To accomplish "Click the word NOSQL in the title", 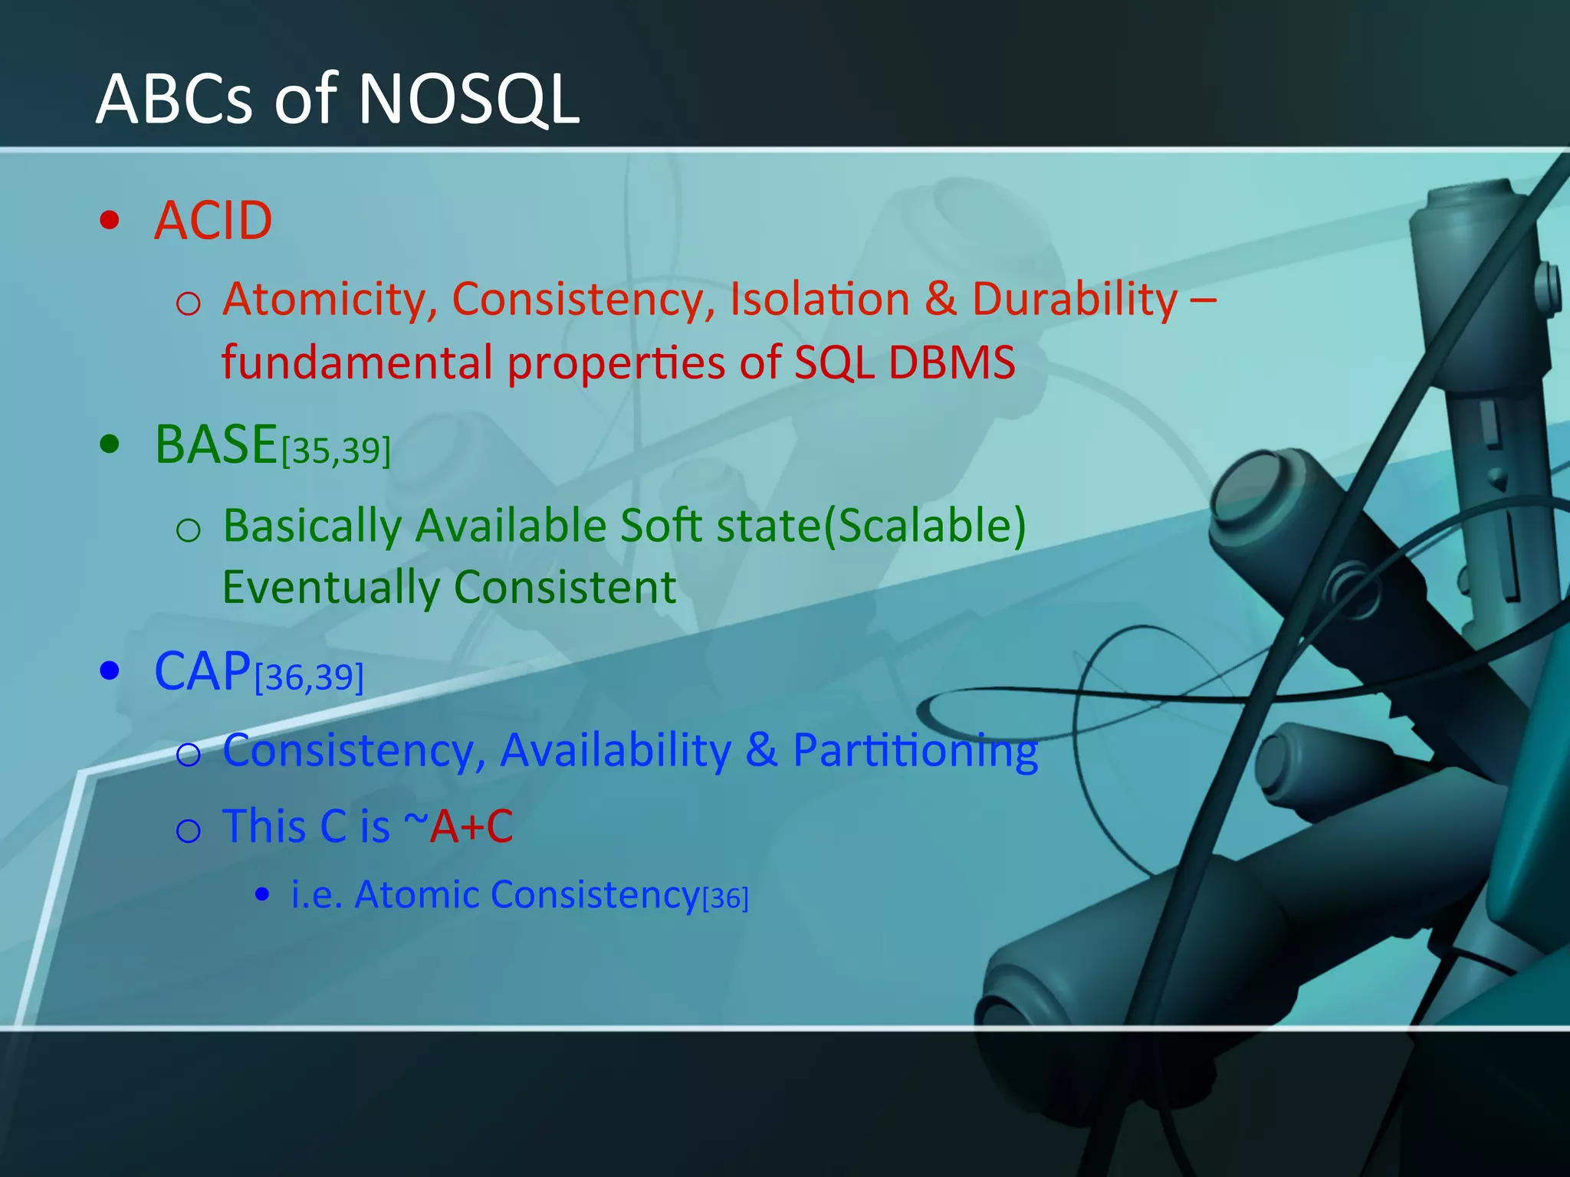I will pyautogui.click(x=468, y=100).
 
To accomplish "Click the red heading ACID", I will pyautogui.click(x=213, y=221).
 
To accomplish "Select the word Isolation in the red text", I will pyautogui.click(x=819, y=299).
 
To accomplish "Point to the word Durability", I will pyautogui.click(x=1075, y=299).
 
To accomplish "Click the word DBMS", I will pyautogui.click(x=951, y=362).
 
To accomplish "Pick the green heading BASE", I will pyautogui.click(x=215, y=444).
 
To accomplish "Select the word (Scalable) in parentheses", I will pyautogui.click(x=924, y=526).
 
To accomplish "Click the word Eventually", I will pyautogui.click(x=330, y=588).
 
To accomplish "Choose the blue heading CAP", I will pyautogui.click(x=202, y=672).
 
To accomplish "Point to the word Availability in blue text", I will pyautogui.click(x=616, y=750).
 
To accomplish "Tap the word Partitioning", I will pyautogui.click(x=915, y=750).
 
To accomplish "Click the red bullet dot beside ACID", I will pyautogui.click(x=110, y=221).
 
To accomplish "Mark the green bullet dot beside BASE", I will pyautogui.click(x=110, y=444).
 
